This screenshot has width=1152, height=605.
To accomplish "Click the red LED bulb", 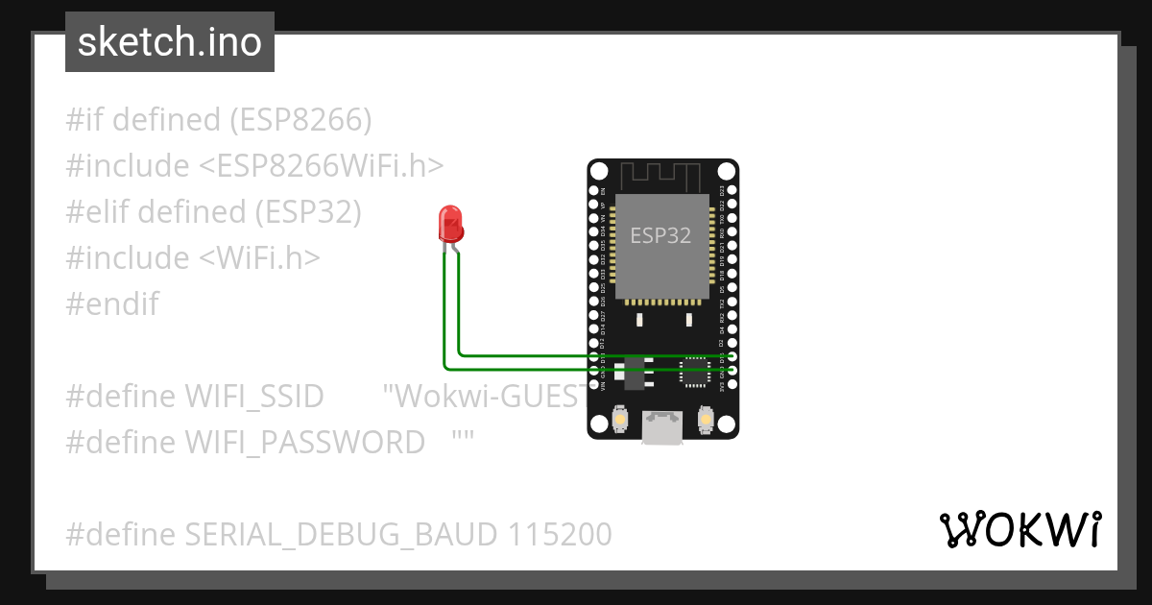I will tap(450, 224).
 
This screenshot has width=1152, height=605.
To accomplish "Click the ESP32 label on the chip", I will tap(660, 235).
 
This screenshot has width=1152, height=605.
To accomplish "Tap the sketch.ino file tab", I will tap(170, 42).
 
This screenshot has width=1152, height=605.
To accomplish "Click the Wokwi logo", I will tap(1020, 529).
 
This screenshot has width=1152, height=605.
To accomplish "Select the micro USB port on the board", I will tap(662, 428).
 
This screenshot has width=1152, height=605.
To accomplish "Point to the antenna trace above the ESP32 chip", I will tap(662, 176).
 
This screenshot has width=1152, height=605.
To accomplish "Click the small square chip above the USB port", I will tap(693, 372).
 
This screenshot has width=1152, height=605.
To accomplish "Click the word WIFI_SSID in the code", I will tap(253, 396).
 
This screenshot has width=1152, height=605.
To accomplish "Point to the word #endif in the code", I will tap(112, 304).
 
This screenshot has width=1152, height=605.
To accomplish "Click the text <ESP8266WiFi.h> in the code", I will tap(321, 166).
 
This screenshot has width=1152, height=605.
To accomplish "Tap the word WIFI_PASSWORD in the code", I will tap(304, 442).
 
